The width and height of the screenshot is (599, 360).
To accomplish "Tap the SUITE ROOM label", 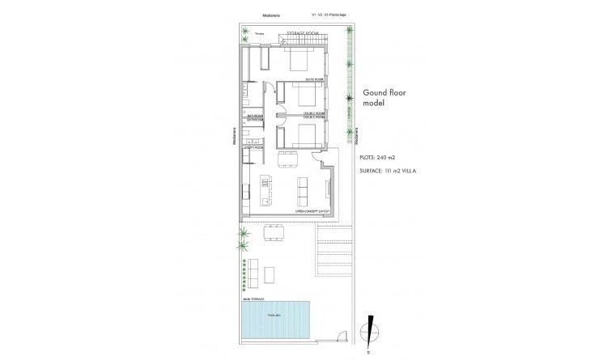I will coord(315,79).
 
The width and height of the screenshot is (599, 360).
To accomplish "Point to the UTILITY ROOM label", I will coord(253,147).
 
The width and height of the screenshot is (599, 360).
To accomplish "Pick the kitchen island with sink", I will coord(266,190).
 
